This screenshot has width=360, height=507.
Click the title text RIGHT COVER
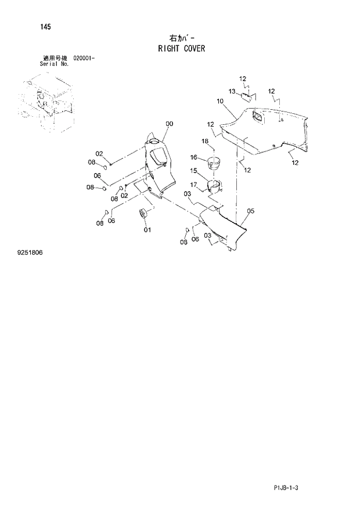pyautogui.click(x=181, y=49)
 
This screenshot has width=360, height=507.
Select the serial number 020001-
pyautogui.click(x=85, y=59)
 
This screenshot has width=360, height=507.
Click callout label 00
pyautogui.click(x=170, y=124)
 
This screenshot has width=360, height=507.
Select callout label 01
pyautogui.click(x=147, y=229)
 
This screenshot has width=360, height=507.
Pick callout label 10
pyautogui.click(x=220, y=101)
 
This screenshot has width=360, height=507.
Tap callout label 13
pyautogui.click(x=231, y=91)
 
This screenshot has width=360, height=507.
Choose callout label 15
pyautogui.click(x=194, y=171)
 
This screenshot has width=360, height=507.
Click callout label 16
pyautogui.click(x=194, y=157)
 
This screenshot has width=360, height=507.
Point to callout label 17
pyautogui.click(x=194, y=185)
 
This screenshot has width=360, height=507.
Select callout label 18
pyautogui.click(x=204, y=141)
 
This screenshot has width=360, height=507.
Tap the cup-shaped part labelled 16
pyautogui.click(x=214, y=161)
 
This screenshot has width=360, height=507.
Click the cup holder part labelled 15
pyautogui.click(x=213, y=186)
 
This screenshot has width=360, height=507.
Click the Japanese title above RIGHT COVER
pyautogui.click(x=181, y=38)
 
